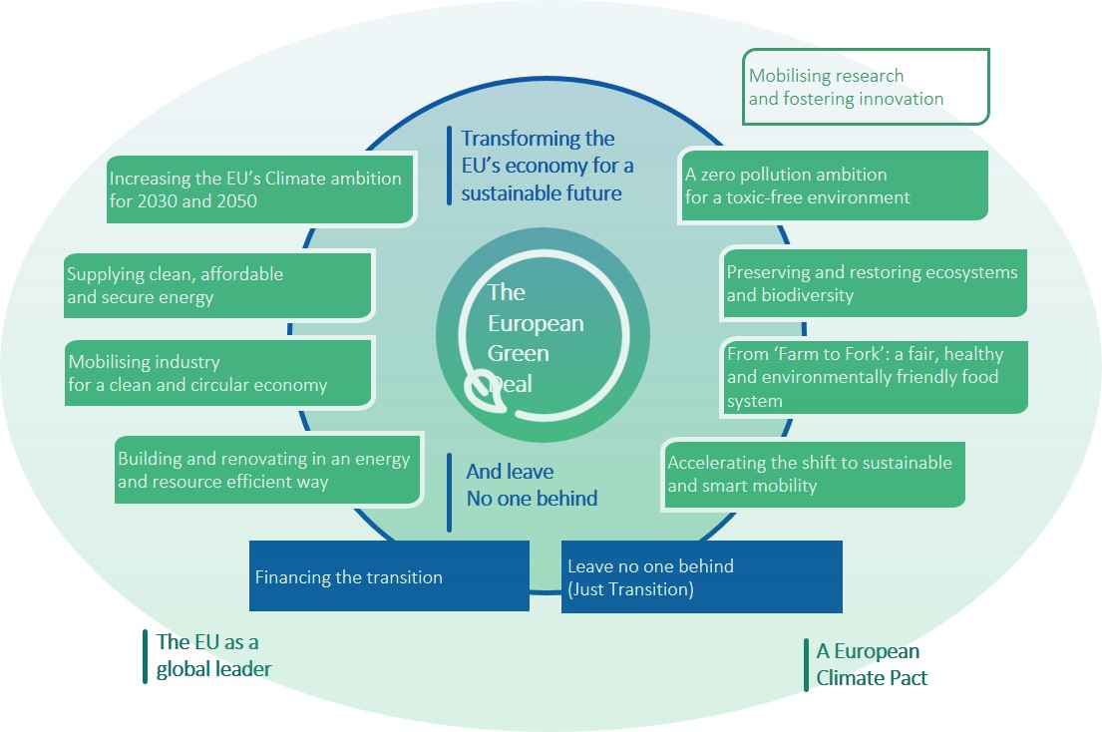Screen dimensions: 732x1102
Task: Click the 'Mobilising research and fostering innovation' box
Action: point(866,88)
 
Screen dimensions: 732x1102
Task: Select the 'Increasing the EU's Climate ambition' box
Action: point(261,189)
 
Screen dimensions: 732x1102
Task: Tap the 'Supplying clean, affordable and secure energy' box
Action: point(218,285)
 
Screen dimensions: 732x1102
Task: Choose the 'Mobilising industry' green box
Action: point(218,373)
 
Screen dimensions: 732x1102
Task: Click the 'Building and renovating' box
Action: point(267,471)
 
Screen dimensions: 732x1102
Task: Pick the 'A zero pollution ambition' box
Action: point(833,185)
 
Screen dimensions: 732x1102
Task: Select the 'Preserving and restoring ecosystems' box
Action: point(873,283)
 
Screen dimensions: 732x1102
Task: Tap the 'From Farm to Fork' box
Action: point(873,377)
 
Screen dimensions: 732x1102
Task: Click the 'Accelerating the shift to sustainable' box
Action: point(813,474)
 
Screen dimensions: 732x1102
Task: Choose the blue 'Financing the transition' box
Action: point(389,576)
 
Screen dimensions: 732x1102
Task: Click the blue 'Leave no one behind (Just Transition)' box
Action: point(701,576)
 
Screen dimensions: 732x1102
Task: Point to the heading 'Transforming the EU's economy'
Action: point(547,166)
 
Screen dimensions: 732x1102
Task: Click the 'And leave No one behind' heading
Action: point(532,485)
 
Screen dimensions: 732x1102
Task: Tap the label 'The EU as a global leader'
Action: point(213,656)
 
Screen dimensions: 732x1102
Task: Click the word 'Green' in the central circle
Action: point(518,354)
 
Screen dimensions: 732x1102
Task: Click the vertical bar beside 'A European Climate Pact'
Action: point(806,665)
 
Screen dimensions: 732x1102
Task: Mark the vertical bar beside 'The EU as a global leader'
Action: point(146,656)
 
